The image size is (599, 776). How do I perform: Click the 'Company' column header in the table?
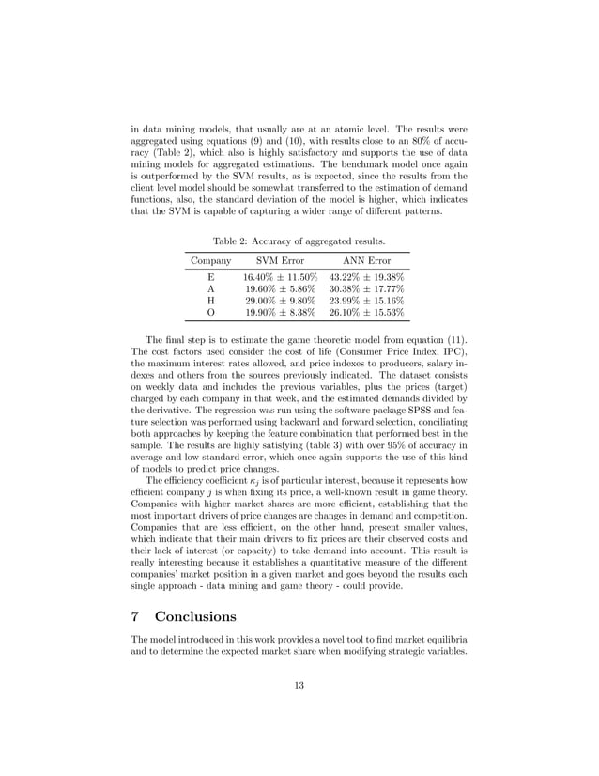point(210,259)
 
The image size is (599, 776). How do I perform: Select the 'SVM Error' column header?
point(280,259)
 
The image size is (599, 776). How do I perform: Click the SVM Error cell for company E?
point(280,278)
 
